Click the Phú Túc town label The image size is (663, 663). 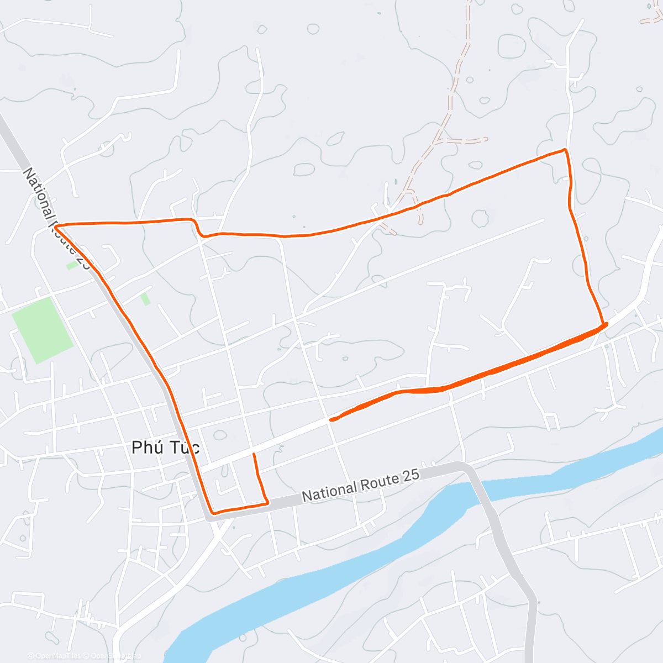click(x=165, y=447)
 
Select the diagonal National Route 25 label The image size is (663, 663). click(x=55, y=219)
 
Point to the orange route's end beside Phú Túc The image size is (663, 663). click(x=254, y=454)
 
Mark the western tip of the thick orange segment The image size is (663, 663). click(x=331, y=420)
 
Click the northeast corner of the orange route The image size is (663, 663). click(x=565, y=150)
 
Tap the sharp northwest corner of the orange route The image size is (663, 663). click(x=56, y=226)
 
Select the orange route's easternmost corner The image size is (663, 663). click(x=606, y=324)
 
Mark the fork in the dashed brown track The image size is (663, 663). click(x=439, y=136)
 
